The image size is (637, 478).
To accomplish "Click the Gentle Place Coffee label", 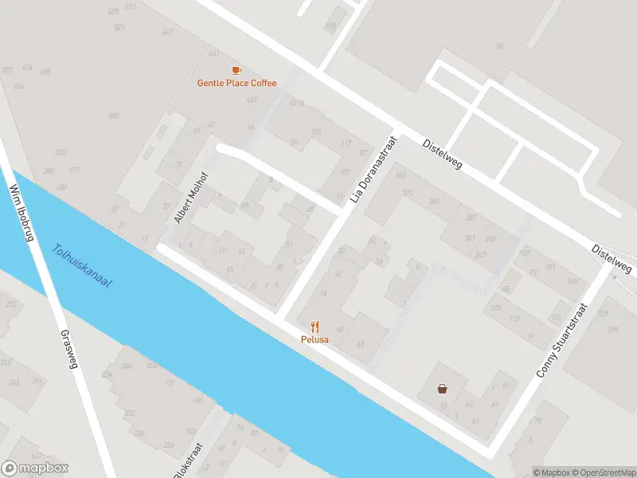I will [236, 83].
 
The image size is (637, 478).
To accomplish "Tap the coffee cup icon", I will [236, 71].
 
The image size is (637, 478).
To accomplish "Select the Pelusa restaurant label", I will [315, 339].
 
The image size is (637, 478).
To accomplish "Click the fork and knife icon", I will [315, 327].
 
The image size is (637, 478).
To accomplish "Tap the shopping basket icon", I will [442, 389].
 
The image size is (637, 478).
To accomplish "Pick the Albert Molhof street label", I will [191, 196].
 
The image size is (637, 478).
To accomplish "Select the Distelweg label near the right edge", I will [612, 260].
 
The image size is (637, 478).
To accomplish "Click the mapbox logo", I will [35, 468].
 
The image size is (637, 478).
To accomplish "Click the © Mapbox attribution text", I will [553, 472].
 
